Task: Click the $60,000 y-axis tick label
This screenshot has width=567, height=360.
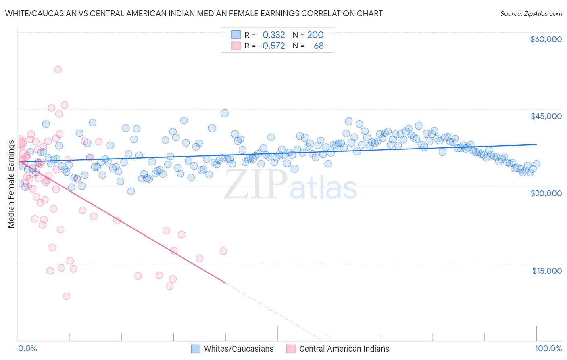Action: (x=546, y=39)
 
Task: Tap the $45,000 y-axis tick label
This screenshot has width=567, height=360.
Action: (x=546, y=116)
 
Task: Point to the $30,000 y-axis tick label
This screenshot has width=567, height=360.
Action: (x=546, y=193)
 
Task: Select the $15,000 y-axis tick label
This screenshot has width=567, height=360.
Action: (x=546, y=271)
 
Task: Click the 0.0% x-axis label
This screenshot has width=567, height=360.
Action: (x=27, y=349)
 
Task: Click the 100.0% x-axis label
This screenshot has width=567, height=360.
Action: (x=548, y=349)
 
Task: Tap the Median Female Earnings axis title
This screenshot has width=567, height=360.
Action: (x=11, y=184)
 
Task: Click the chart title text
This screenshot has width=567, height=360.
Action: (x=194, y=13)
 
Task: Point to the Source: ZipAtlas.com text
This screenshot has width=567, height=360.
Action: (x=531, y=13)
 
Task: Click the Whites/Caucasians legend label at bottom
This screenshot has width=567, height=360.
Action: (x=238, y=349)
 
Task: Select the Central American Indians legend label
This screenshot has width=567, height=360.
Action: (x=344, y=349)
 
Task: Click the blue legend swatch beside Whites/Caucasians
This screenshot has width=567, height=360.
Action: (x=196, y=349)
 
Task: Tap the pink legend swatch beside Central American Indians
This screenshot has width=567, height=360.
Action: (x=291, y=349)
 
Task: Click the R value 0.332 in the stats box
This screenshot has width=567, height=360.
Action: (x=273, y=35)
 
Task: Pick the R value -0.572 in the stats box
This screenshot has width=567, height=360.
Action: (x=271, y=46)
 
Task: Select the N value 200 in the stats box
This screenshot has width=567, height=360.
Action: (x=315, y=35)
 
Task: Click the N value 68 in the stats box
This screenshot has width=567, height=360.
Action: (x=319, y=46)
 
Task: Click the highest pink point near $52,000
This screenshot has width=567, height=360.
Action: (x=58, y=69)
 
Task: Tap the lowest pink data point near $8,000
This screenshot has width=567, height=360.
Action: (x=67, y=296)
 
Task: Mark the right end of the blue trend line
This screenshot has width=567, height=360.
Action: (x=536, y=144)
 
